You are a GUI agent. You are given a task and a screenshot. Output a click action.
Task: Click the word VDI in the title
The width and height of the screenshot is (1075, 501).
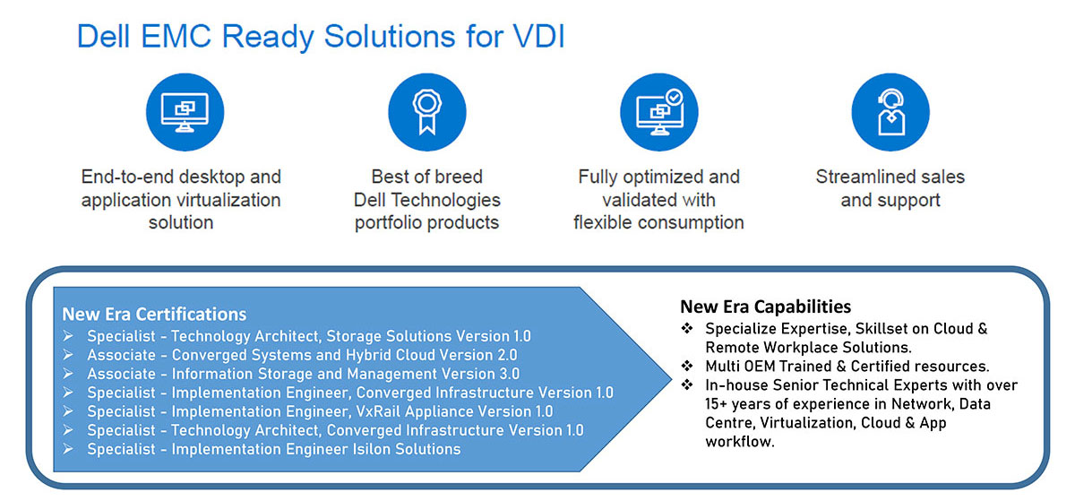point(539,36)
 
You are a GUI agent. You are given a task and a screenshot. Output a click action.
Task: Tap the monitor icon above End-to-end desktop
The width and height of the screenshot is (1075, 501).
point(185,112)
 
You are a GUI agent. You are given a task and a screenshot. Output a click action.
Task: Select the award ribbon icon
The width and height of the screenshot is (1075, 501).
point(427,112)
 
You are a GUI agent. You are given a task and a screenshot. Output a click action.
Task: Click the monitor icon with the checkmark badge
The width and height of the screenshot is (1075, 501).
point(659,112)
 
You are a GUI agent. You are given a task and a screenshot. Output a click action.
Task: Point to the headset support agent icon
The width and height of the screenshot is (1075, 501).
point(890,112)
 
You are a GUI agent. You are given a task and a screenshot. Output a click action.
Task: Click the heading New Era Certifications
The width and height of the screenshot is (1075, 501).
point(154,315)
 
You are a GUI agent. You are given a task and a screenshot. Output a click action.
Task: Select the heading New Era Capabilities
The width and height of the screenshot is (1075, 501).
point(765,307)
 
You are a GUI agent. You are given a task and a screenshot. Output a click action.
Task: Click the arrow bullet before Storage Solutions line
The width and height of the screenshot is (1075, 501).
point(68,336)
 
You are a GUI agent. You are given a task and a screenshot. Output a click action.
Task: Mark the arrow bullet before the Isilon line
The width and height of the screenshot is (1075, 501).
point(68,449)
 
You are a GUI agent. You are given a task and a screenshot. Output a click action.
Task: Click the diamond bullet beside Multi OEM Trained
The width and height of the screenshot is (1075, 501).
point(687,366)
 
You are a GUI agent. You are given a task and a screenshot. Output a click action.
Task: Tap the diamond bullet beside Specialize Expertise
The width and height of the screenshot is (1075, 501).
point(687,328)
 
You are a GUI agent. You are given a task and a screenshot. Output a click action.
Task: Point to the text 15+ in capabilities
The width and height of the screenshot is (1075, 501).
point(716,404)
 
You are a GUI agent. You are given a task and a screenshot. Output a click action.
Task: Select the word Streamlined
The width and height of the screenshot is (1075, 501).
point(856,177)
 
